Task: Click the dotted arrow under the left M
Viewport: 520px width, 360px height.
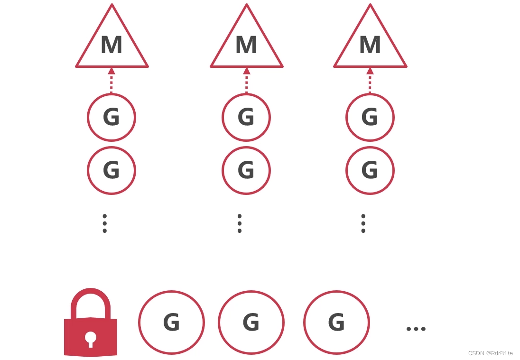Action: click(111, 80)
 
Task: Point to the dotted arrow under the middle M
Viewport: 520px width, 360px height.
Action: click(246, 80)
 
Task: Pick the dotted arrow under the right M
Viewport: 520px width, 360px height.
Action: click(370, 80)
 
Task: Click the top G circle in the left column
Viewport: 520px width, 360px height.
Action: click(111, 117)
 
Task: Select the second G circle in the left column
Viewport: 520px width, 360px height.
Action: click(111, 170)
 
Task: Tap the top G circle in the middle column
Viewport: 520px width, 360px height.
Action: click(246, 117)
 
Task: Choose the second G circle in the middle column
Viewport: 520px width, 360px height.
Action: click(246, 170)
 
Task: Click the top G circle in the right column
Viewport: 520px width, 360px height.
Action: click(370, 117)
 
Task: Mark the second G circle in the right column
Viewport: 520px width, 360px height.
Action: click(370, 170)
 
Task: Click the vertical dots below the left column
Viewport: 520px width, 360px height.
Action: click(105, 223)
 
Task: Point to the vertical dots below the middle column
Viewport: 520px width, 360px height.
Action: click(240, 223)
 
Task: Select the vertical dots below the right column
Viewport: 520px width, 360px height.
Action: click(363, 223)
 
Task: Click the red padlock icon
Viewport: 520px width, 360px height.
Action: click(91, 324)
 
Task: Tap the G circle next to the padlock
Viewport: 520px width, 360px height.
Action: click(171, 323)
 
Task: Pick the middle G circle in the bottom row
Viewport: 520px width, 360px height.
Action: click(251, 323)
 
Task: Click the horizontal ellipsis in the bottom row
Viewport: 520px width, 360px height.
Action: click(416, 329)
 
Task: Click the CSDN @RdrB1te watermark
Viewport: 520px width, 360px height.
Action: click(491, 353)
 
